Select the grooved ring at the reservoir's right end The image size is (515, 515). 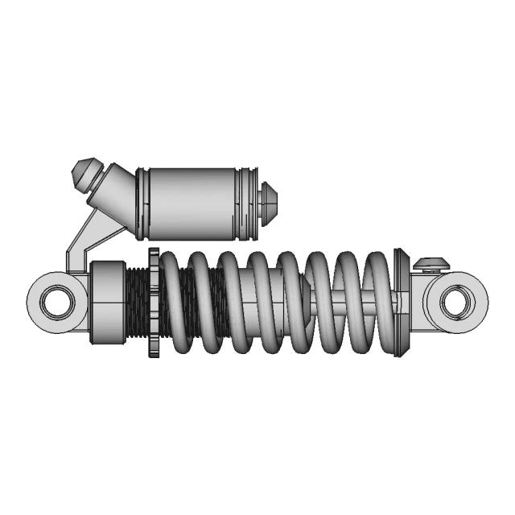click(x=248, y=203)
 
